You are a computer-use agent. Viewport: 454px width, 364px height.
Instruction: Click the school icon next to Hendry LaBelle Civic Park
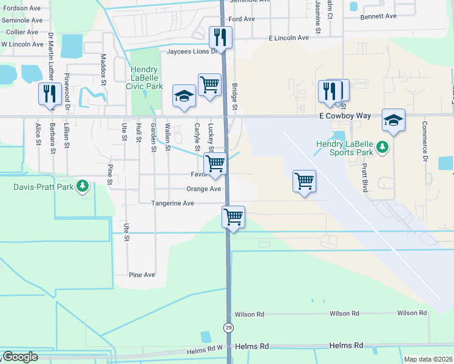184,96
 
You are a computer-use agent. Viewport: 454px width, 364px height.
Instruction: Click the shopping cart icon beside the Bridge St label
209,84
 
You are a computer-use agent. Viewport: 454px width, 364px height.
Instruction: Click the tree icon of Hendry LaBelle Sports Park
382,147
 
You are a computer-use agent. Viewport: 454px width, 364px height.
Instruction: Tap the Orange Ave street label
203,189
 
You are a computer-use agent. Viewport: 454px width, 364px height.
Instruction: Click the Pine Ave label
142,275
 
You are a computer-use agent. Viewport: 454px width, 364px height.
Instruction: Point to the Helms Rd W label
205,351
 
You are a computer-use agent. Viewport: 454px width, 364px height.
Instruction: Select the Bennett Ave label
378,16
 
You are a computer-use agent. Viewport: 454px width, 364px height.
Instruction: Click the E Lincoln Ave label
289,38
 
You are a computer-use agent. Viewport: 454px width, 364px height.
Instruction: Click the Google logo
20,357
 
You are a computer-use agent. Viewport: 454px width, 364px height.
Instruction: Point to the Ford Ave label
242,19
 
